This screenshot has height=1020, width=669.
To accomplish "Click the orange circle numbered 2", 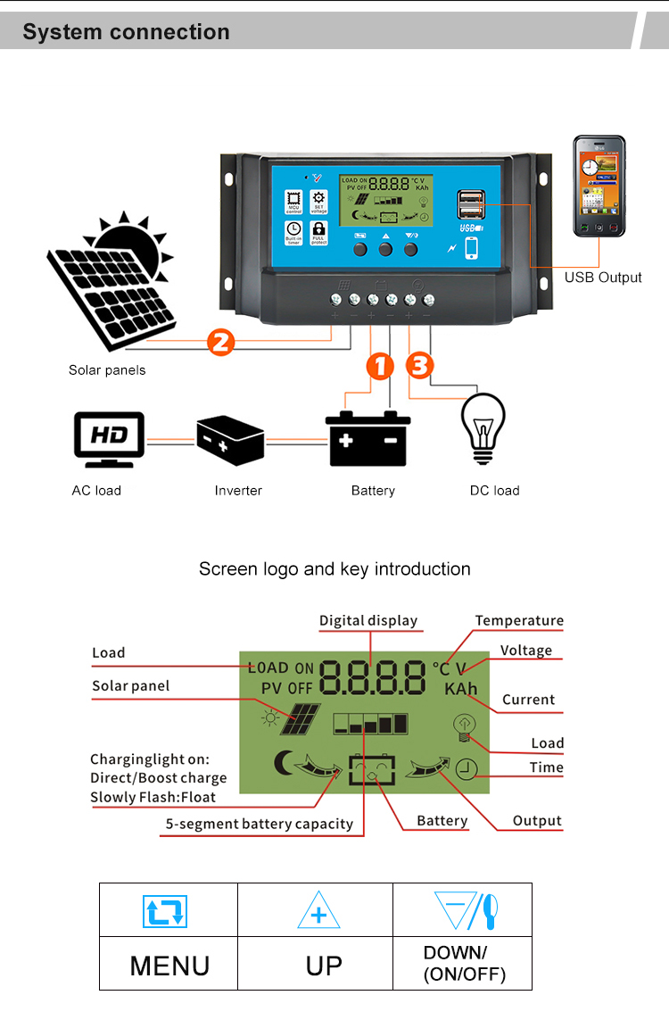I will (x=220, y=343).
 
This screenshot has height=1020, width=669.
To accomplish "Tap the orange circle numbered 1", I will (x=380, y=365).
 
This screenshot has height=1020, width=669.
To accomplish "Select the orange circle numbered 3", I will (x=420, y=365).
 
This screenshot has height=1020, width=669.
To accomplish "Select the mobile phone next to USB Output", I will (x=599, y=187).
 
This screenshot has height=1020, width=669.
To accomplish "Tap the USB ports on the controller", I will (x=471, y=204).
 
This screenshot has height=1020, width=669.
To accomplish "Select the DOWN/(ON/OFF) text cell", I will (x=463, y=964).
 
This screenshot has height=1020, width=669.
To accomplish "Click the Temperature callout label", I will (x=519, y=620).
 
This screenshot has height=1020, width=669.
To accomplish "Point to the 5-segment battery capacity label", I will (x=259, y=824).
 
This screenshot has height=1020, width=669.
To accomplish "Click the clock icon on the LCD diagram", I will (x=467, y=770).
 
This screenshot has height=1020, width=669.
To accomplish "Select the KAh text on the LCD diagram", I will (x=461, y=689).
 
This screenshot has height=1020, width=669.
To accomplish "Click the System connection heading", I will (x=126, y=32).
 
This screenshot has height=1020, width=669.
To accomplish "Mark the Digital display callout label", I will (x=368, y=620).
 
